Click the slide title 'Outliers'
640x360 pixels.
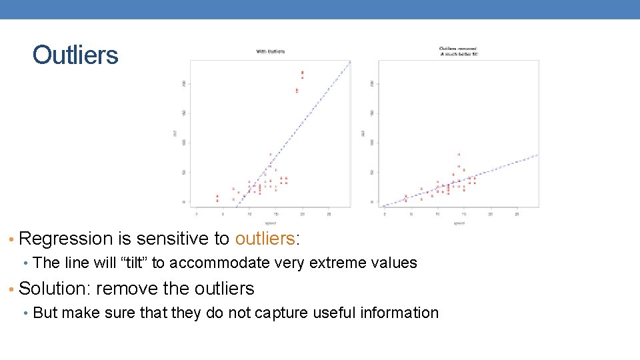point(75,55)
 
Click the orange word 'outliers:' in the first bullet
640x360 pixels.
point(265,239)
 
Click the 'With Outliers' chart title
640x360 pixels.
point(270,51)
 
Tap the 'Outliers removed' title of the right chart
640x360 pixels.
point(458,49)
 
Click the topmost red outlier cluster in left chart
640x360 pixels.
point(303,73)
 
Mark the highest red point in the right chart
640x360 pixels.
point(459,155)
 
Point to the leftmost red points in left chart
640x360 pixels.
point(217,198)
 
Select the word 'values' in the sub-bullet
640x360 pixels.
point(397,263)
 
